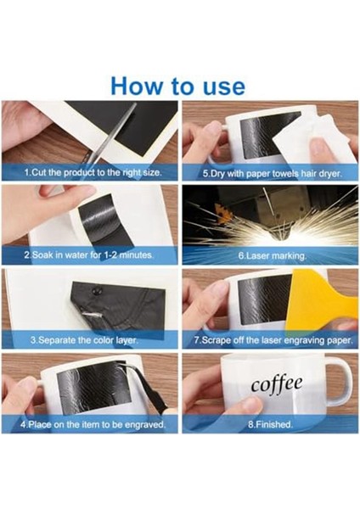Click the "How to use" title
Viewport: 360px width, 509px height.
pos(177,87)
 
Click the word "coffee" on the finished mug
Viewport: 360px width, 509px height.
pos(277,384)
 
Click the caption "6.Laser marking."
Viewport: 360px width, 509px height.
pos(273,256)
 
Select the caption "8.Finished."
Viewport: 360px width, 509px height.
pos(270,425)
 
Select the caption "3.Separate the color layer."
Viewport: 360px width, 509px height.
pos(84,340)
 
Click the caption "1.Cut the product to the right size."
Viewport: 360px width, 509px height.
pos(93,172)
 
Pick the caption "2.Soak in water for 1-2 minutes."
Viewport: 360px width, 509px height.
pos(88,255)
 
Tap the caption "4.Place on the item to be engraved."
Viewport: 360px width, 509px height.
pos(93,425)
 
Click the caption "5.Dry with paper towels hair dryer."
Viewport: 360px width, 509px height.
pos(273,174)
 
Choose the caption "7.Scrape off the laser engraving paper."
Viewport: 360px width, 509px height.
pos(273,340)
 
